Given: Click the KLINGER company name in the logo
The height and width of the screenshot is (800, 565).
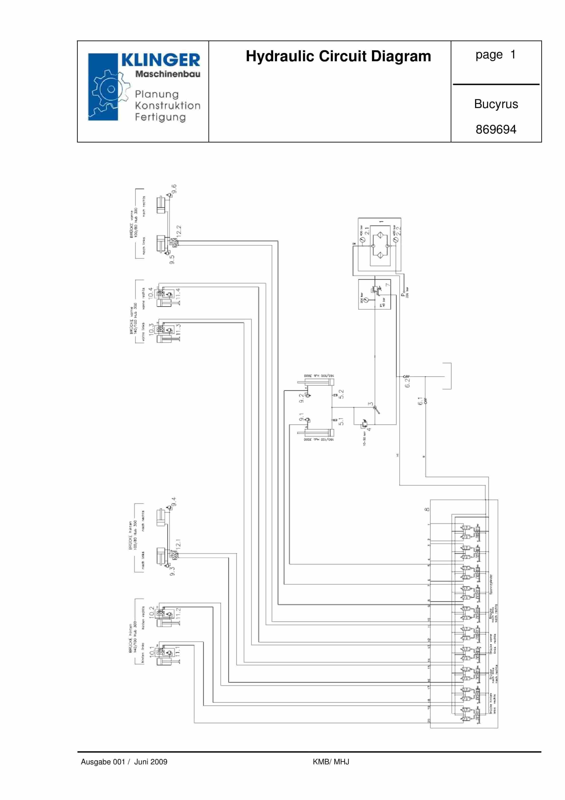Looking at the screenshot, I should pyautogui.click(x=160, y=60).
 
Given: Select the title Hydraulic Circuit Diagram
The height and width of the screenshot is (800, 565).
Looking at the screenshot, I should pyautogui.click(x=338, y=57).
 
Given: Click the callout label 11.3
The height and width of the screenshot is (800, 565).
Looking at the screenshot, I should pyautogui.click(x=178, y=329).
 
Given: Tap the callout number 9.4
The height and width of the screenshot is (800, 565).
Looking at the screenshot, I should pyautogui.click(x=174, y=501).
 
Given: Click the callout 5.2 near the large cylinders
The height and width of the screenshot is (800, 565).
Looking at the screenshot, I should pyautogui.click(x=341, y=394).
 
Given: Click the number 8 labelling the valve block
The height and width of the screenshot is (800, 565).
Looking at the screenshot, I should pyautogui.click(x=427, y=510).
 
